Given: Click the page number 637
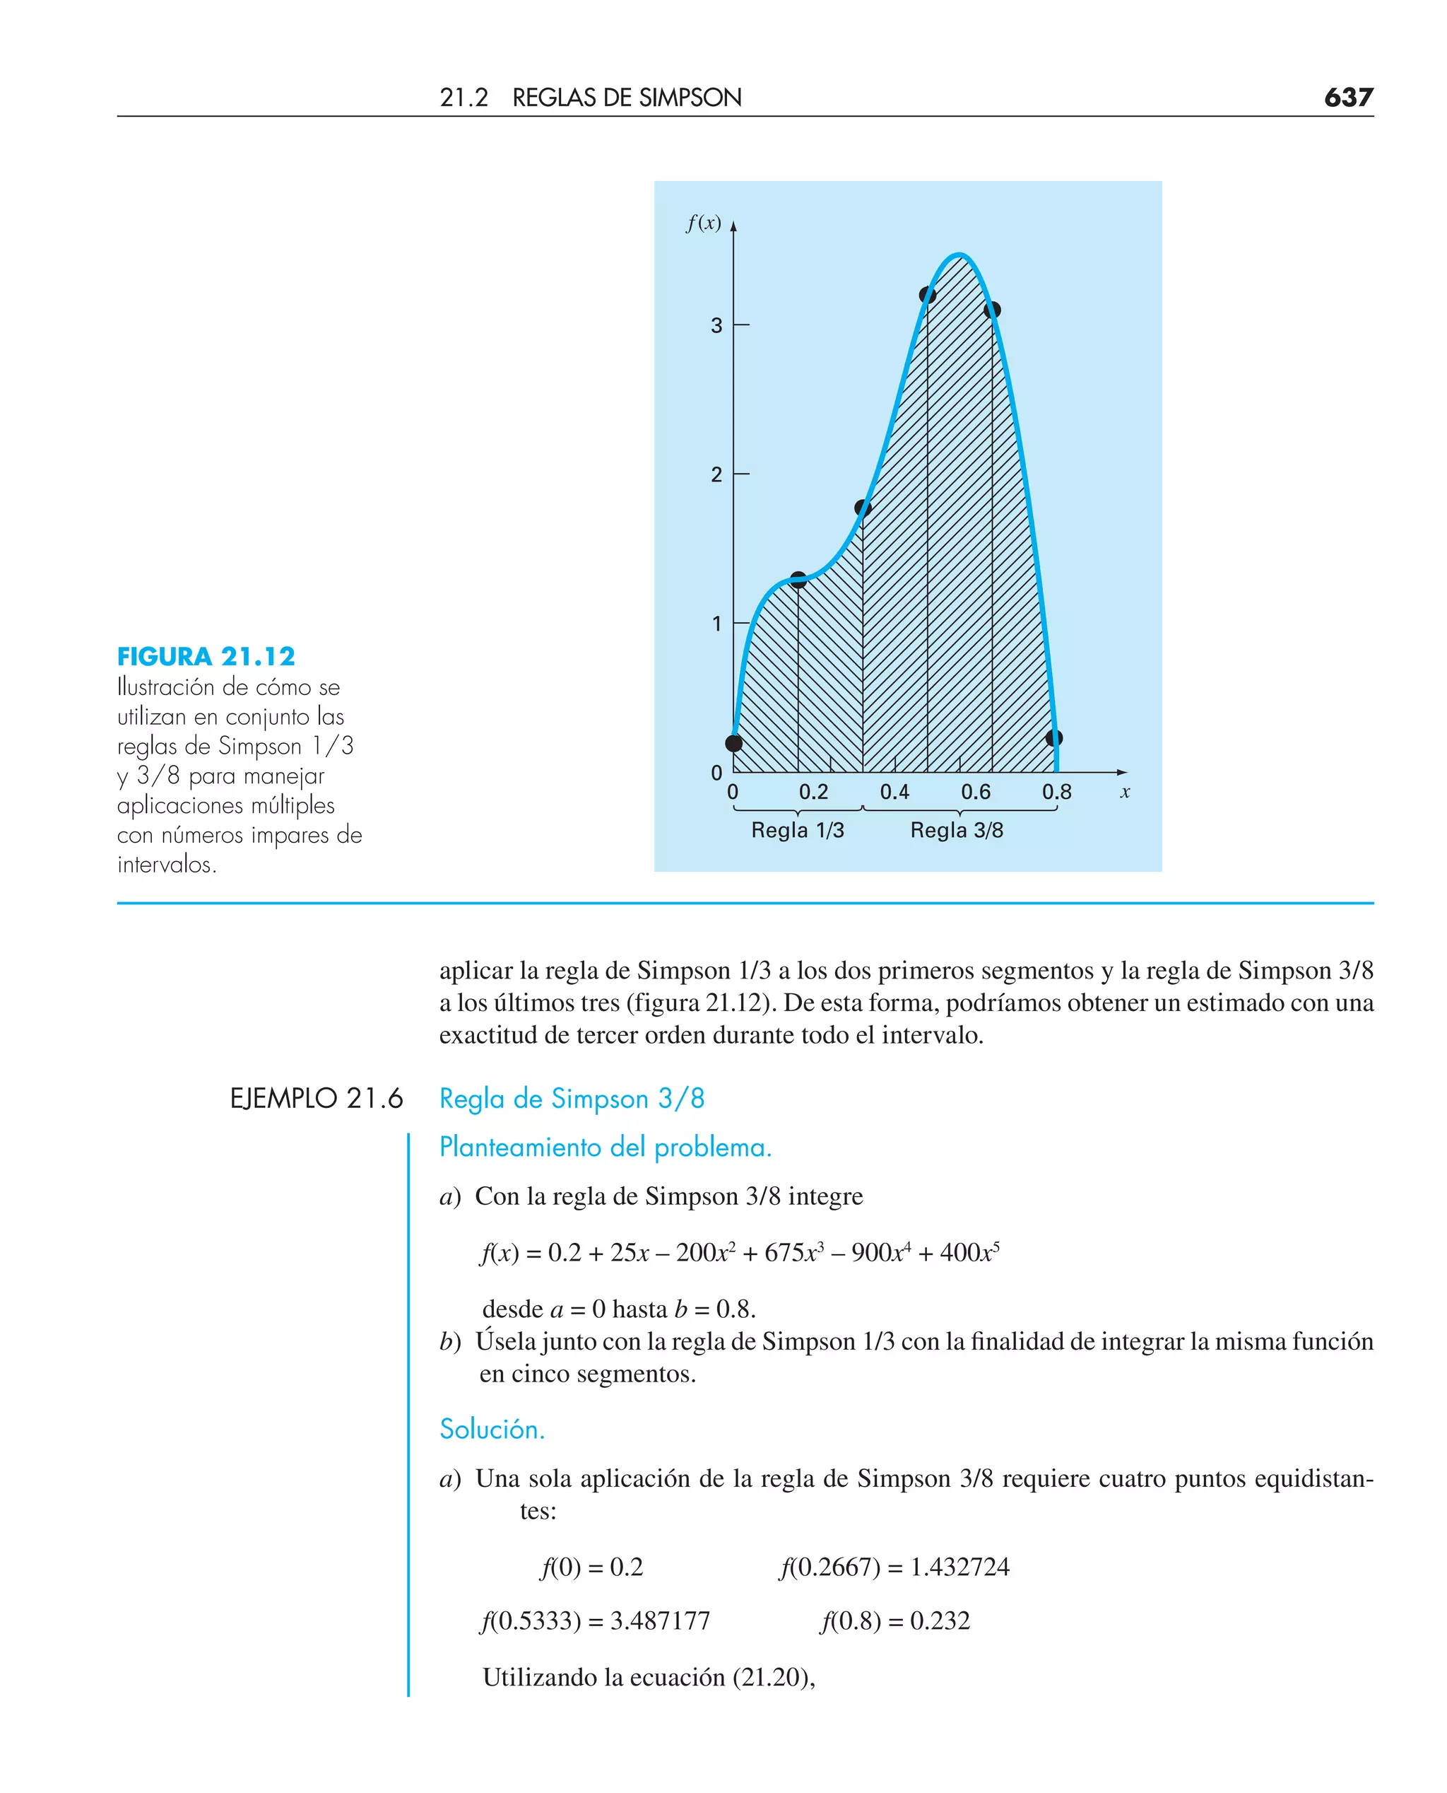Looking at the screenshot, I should pyautogui.click(x=1348, y=98).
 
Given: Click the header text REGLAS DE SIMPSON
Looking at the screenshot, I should pyautogui.click(x=626, y=98).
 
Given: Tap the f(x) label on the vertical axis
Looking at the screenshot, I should pyautogui.click(x=703, y=223).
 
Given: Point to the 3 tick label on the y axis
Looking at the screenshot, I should pyautogui.click(x=716, y=325).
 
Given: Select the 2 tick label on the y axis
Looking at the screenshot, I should pyautogui.click(x=716, y=474).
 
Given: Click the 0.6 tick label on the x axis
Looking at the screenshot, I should pyautogui.click(x=975, y=791).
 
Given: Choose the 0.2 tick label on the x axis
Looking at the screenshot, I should pyautogui.click(x=813, y=791).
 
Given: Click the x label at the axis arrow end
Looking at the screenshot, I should pyautogui.click(x=1124, y=793).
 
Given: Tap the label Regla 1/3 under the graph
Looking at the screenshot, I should pyautogui.click(x=798, y=830).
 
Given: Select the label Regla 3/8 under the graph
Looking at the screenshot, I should pyautogui.click(x=956, y=830).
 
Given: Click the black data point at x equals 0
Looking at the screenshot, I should pyautogui.click(x=734, y=742).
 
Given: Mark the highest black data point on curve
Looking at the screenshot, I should pyautogui.click(x=928, y=294).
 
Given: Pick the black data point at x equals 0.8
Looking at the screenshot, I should pyautogui.click(x=1053, y=738).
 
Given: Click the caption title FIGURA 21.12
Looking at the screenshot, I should pyautogui.click(x=206, y=656).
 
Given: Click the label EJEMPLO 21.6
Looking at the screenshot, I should pyautogui.click(x=316, y=1098).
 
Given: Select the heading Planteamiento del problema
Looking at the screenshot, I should pyautogui.click(x=605, y=1147).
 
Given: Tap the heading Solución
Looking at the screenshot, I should pyautogui.click(x=492, y=1430).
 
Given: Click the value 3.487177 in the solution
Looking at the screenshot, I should pyautogui.click(x=660, y=1620).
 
